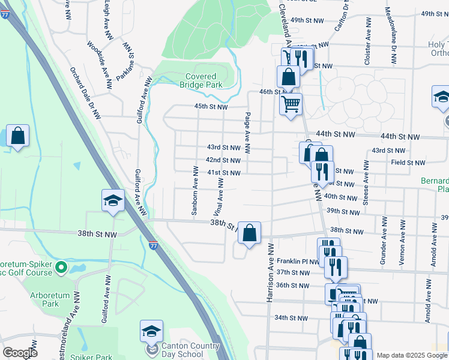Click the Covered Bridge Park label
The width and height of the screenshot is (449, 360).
(200, 80)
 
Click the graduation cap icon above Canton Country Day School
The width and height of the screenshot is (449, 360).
(151, 331)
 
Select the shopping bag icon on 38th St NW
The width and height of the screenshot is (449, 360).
(250, 233)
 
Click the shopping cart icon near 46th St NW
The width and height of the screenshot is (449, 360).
(291, 104)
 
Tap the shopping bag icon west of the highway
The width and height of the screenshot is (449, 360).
(18, 136)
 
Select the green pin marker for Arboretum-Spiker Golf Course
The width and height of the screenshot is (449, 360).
(60, 266)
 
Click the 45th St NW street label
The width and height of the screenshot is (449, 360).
(210, 107)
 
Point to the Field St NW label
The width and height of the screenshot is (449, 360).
(408, 163)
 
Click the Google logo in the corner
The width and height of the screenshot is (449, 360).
(20, 353)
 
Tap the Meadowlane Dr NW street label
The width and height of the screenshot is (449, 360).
(391, 36)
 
